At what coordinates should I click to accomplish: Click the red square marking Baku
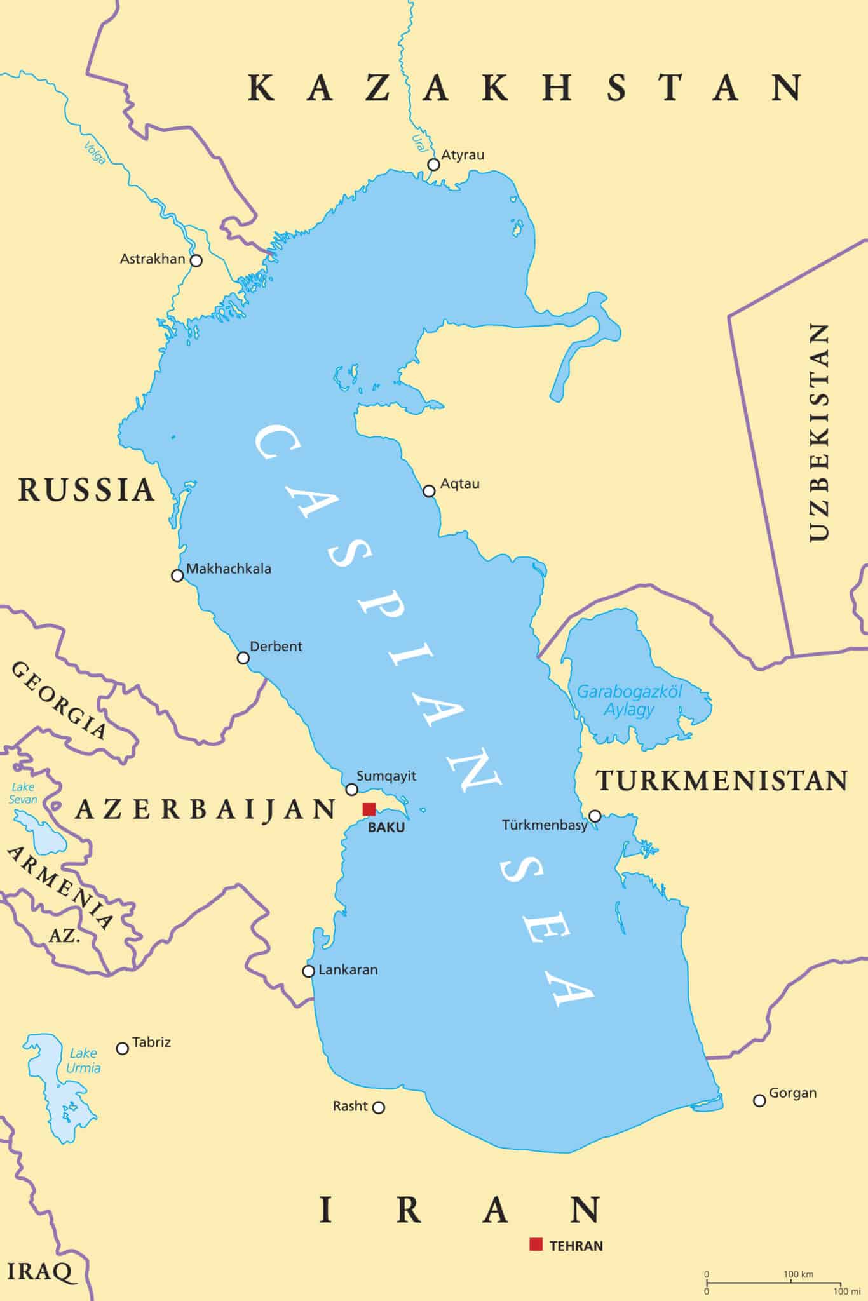(369, 809)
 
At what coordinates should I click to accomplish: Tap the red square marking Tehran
(536, 1244)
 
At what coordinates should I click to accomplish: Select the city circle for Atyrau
(433, 165)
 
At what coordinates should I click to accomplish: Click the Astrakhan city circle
(196, 260)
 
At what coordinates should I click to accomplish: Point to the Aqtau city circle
(429, 491)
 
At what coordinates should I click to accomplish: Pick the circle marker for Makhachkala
(177, 576)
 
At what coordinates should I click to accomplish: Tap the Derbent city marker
(243, 657)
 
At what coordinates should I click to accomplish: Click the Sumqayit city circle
(351, 790)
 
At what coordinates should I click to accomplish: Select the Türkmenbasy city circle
(595, 816)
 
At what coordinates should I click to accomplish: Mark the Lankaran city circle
(308, 971)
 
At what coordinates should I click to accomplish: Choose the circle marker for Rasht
(378, 1107)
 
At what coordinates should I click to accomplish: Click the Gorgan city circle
(759, 1100)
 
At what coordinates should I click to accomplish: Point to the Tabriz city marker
(123, 1048)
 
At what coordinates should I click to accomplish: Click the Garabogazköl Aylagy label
(628, 700)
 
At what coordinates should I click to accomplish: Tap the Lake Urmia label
(83, 1060)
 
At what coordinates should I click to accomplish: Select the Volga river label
(95, 152)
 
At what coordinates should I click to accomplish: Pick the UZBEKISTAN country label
(818, 432)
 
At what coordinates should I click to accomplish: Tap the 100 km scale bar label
(798, 1274)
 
